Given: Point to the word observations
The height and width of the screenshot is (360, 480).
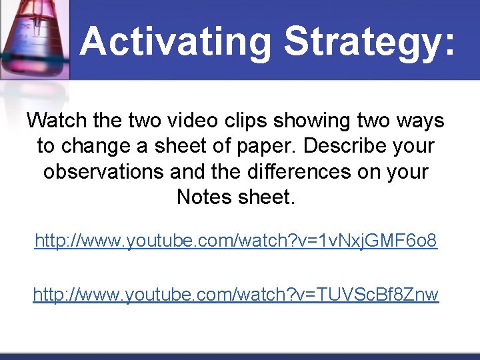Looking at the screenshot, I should pos(103,171).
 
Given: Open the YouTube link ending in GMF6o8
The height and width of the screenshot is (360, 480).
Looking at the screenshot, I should pos(236,241).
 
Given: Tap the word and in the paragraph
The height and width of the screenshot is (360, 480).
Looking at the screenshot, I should pos(189,171).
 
